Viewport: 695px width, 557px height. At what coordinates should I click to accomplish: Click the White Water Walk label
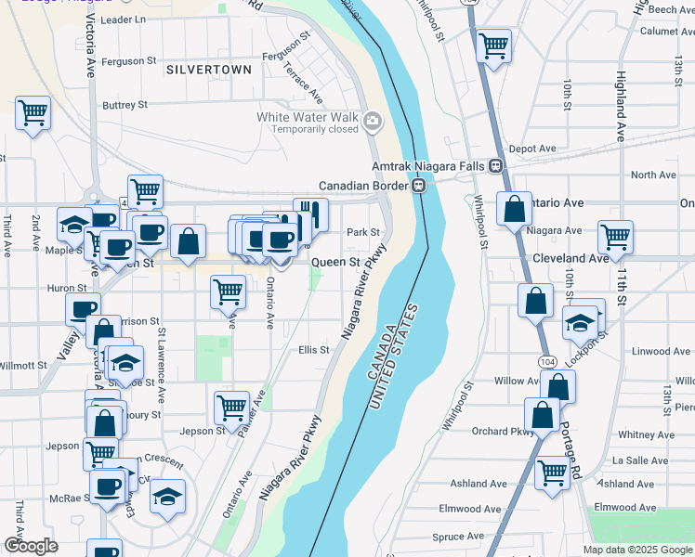[308, 117]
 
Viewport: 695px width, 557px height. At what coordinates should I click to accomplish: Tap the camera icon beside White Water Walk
[373, 122]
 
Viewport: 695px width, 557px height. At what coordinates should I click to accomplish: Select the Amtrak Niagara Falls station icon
[495, 165]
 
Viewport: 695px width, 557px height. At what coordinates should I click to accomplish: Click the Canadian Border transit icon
[419, 185]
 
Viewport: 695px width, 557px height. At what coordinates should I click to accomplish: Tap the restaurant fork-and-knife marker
[311, 215]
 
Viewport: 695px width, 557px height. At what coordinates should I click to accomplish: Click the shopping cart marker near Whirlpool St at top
[493, 45]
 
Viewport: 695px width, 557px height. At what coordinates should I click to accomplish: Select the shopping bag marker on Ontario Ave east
[514, 210]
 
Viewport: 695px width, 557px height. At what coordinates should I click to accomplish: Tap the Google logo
[31, 545]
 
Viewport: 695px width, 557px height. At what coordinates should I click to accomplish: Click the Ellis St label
[313, 350]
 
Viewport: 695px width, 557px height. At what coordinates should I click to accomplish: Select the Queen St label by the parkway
[335, 263]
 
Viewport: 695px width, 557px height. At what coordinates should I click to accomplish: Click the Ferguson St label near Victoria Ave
[128, 61]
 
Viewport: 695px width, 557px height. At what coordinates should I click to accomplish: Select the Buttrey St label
[125, 105]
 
